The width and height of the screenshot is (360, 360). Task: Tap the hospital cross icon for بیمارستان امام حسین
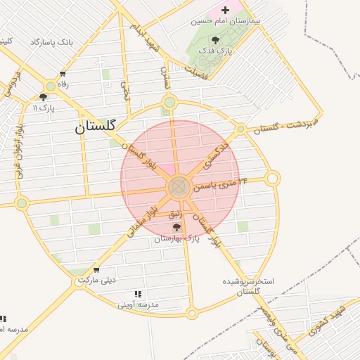[x=225, y=10]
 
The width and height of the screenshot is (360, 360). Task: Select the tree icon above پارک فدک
[x=215, y=41]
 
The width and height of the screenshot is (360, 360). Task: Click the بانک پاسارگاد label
[x=51, y=42]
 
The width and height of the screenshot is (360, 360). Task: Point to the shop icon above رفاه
[x=63, y=74]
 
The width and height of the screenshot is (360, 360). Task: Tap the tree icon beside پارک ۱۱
[x=44, y=97]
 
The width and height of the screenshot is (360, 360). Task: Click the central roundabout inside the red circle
[x=178, y=187]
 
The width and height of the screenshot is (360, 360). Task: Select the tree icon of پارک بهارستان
[x=176, y=228]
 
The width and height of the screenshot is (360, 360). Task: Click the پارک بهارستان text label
[x=177, y=239]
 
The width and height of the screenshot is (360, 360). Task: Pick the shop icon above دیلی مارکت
[x=96, y=269]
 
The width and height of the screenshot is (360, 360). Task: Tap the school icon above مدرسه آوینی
[x=138, y=294]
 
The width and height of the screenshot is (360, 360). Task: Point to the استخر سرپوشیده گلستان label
[x=247, y=285]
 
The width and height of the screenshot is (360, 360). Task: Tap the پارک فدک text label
[x=215, y=51]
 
